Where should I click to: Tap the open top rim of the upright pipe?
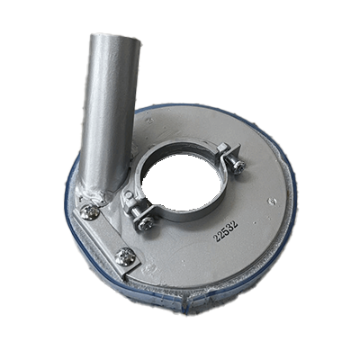115,39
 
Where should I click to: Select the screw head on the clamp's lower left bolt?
147,223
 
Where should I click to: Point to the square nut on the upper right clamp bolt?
224,149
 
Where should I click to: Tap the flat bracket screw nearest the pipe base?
90,211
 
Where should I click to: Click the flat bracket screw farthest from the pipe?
124,256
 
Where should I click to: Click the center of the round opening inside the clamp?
182,181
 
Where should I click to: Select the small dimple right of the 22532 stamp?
272,201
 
